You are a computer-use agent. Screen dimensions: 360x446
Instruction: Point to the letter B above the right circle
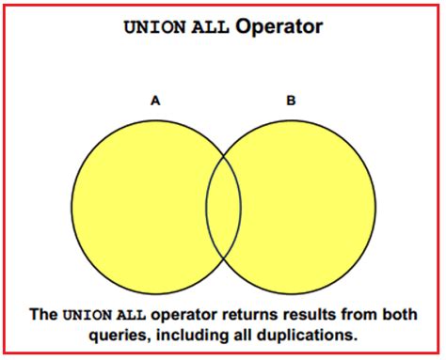point(291,100)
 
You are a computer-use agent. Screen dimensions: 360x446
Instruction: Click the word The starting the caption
point(46,315)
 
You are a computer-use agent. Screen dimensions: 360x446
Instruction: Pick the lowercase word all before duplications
point(247,334)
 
